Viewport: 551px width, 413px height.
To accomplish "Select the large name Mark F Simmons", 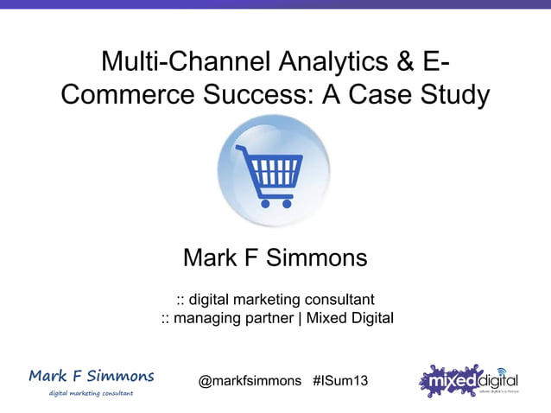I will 275,257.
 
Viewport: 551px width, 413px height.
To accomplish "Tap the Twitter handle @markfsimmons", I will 250,380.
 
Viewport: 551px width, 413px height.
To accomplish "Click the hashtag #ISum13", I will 340,380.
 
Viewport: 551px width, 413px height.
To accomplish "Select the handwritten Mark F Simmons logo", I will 92,376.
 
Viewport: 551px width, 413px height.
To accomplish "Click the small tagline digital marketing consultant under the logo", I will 92,393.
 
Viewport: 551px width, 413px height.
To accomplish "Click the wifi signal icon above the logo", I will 501,371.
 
